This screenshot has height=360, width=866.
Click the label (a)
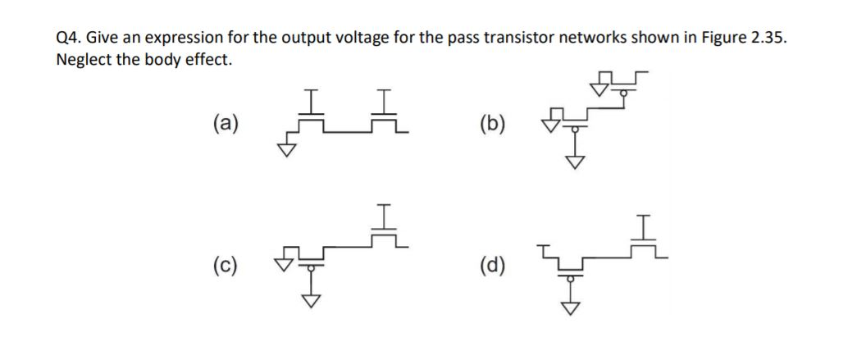(x=227, y=124)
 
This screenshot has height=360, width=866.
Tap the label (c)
(x=227, y=265)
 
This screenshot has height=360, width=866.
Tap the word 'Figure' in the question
(x=713, y=38)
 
